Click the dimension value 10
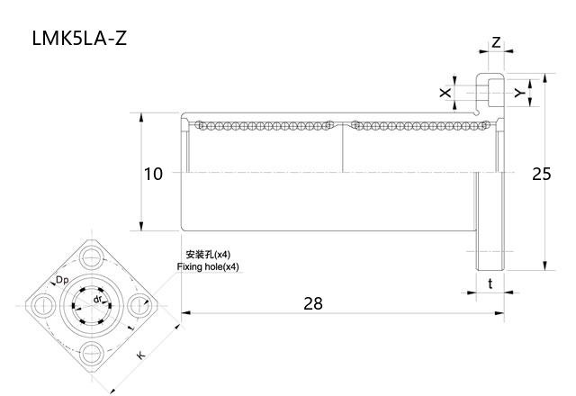coord(153,174)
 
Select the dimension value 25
coord(541,174)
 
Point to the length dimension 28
coord(312,303)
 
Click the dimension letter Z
coord(496,42)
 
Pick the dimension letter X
coord(445,93)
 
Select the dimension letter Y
coord(519,93)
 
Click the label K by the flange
coord(140,356)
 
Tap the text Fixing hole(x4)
coord(208,267)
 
